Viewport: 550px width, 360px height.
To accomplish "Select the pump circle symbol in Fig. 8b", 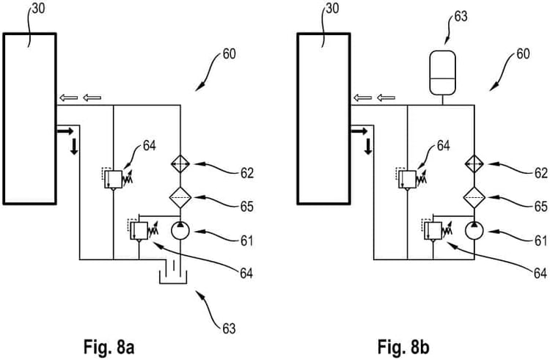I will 474,230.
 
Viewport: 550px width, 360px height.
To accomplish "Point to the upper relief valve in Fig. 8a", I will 114,177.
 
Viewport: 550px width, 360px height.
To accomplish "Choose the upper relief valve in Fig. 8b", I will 408,177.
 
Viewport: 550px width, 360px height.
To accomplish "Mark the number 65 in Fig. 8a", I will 246,207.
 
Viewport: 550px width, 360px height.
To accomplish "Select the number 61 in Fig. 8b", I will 540,239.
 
